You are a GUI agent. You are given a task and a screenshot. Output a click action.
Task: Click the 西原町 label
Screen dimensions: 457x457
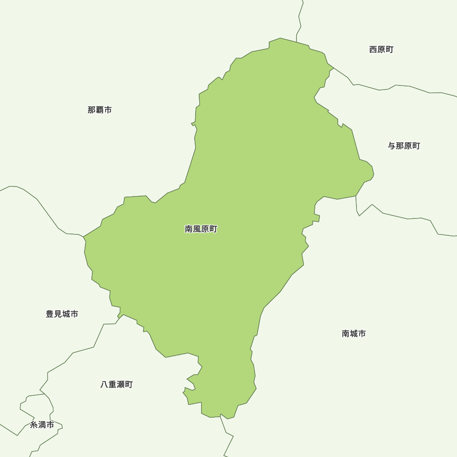[x=381, y=49]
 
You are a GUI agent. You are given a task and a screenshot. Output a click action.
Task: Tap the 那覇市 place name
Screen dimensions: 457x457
[x=100, y=110]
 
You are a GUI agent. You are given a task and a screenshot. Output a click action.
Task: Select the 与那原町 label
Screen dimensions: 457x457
[x=404, y=146]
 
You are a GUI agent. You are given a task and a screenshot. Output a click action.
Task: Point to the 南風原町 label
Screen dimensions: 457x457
[x=201, y=229]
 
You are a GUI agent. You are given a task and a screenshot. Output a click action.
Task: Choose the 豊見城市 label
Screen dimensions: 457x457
[x=62, y=314]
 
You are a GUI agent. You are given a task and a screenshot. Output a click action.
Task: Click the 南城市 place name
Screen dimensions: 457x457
[x=354, y=334]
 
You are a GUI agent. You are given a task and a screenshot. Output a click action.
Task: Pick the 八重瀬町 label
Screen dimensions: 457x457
[x=117, y=384]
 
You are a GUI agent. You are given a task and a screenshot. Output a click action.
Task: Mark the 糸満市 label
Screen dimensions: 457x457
[x=42, y=425]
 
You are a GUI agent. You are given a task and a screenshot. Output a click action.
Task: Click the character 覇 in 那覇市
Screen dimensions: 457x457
[x=100, y=110]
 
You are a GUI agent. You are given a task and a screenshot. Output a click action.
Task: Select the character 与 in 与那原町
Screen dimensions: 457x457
[x=392, y=146]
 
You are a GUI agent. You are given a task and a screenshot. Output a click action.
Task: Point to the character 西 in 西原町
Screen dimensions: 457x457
[x=373, y=49]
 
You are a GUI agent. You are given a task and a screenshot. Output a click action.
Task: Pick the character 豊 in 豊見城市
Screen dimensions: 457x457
[x=50, y=314]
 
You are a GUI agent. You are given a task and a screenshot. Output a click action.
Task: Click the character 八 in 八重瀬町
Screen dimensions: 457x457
[x=105, y=384]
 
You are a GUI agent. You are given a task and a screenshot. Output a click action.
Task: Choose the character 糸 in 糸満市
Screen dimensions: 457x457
[x=34, y=425]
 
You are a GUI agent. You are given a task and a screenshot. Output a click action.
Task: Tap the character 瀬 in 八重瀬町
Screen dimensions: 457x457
[x=121, y=384]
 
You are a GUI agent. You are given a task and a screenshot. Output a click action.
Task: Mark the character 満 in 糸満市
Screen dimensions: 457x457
[x=42, y=425]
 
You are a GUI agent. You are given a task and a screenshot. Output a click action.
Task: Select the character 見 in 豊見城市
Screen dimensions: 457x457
[x=58, y=314]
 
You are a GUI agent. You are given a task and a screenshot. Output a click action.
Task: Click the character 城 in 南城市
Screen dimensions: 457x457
[x=354, y=334]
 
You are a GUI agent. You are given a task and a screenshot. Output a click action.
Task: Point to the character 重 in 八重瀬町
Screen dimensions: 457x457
[x=112, y=384]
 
